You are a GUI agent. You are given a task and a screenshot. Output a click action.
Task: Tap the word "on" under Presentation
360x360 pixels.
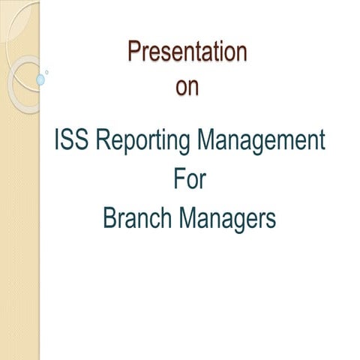click(x=187, y=86)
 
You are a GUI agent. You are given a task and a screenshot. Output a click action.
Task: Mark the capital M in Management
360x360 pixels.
click(x=205, y=140)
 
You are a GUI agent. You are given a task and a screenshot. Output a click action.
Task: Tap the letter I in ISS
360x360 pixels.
click(x=57, y=140)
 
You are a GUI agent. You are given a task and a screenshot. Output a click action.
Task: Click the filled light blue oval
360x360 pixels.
click(x=40, y=79)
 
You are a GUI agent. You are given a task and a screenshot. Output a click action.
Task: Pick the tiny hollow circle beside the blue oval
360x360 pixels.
click(x=47, y=72)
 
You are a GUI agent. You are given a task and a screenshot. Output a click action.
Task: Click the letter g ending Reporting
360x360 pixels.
click(x=187, y=144)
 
